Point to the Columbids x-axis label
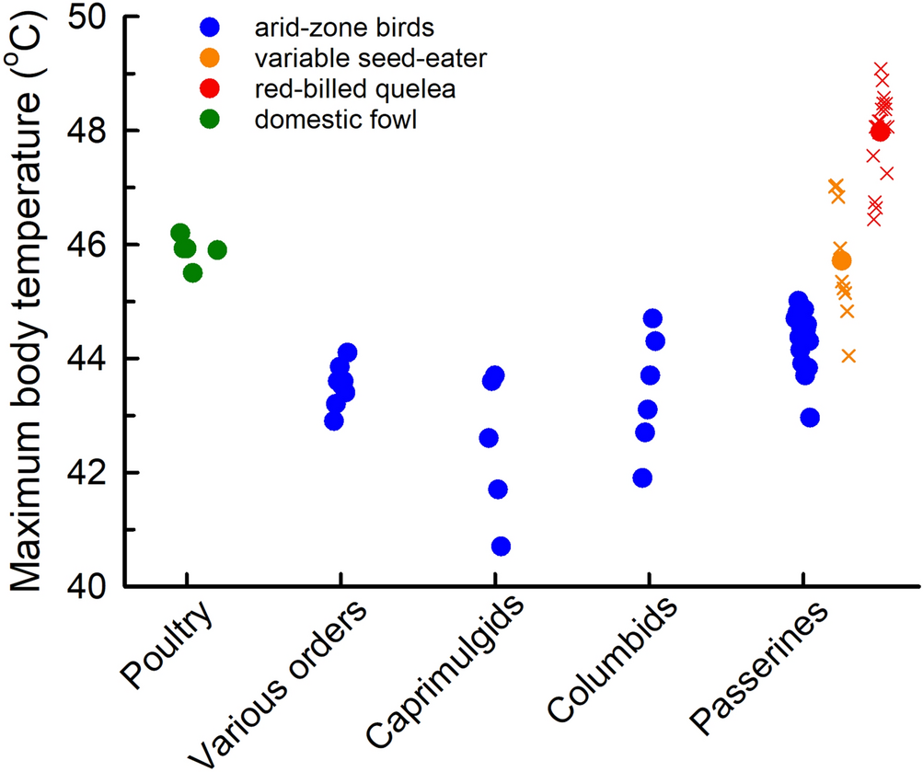[x=613, y=661]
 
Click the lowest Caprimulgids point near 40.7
[x=501, y=547]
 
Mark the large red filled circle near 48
[x=880, y=132]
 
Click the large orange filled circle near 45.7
[x=840, y=261]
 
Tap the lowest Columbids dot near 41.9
[x=642, y=478]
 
